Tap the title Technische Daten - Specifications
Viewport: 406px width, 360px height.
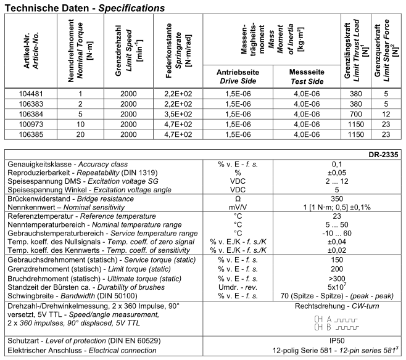[83, 9]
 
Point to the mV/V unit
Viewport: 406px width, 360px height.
[238, 209]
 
